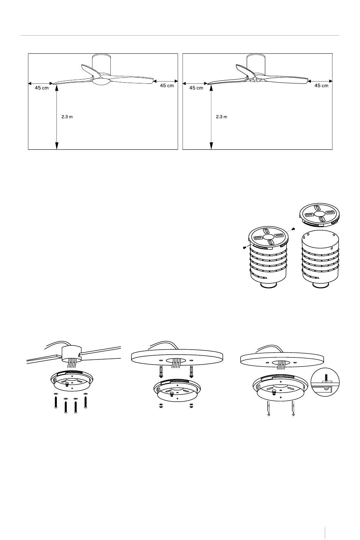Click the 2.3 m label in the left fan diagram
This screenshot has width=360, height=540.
(x=67, y=117)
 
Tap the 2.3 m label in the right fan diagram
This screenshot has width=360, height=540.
(x=221, y=117)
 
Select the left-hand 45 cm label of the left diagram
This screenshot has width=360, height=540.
(x=42, y=88)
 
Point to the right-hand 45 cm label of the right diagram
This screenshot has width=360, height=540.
(x=321, y=86)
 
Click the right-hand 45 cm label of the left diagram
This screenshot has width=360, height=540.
(x=167, y=86)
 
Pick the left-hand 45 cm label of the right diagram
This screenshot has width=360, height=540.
(x=196, y=88)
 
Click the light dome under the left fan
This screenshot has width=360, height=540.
(x=101, y=82)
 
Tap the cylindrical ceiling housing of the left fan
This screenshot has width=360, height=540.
(x=102, y=63)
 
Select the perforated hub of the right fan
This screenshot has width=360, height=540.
(x=255, y=80)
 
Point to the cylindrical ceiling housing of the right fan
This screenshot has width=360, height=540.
(x=256, y=63)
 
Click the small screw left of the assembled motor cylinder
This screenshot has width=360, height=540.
(x=244, y=247)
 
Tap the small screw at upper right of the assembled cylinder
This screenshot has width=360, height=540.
(x=293, y=229)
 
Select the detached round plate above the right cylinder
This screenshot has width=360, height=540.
(x=319, y=215)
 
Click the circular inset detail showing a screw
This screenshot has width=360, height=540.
(x=325, y=383)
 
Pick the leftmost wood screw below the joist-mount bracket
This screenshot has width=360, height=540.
(x=56, y=401)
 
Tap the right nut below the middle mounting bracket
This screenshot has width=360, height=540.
(x=191, y=405)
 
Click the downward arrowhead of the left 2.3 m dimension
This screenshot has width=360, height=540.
(x=57, y=146)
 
